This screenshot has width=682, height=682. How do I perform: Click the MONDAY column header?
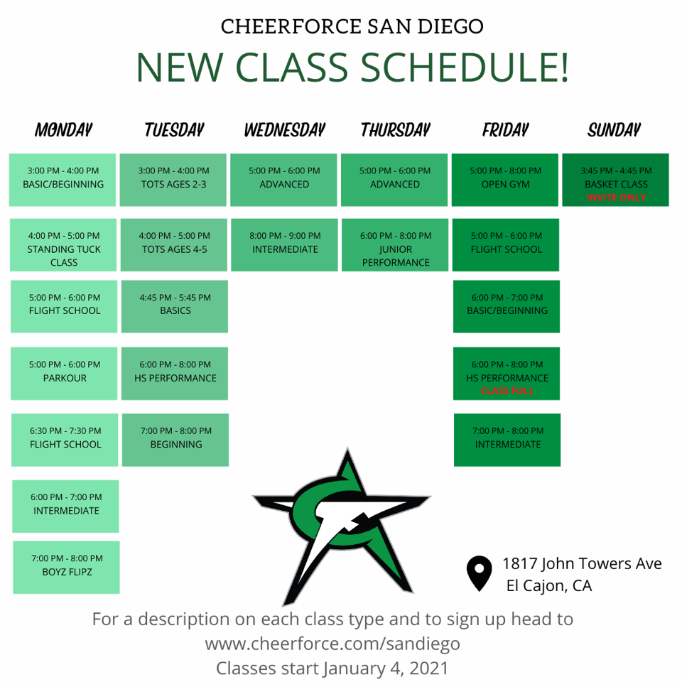coord(63,130)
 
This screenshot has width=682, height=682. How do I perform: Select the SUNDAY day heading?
coord(614,130)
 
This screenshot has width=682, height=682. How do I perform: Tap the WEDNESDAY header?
coord(284,130)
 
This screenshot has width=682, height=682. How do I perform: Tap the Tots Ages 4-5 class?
coord(174,245)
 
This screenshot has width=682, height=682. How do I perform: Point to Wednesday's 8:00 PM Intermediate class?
coord(284,245)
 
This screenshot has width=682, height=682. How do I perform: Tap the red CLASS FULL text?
coord(507,391)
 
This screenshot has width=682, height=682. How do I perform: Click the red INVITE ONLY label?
coord(616,197)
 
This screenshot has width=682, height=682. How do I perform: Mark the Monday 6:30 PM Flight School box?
coord(65,440)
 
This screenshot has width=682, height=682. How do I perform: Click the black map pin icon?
coord(480,573)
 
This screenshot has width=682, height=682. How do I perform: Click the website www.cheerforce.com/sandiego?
coord(332,644)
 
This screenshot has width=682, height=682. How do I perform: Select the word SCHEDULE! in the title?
coord(465,67)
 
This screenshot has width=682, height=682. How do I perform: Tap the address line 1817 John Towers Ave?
coord(582,563)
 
